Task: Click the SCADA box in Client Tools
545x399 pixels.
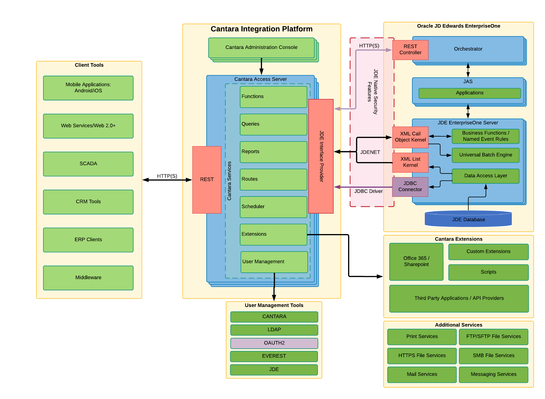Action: click(88, 164)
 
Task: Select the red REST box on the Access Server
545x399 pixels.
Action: click(207, 179)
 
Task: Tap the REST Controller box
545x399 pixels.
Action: click(410, 50)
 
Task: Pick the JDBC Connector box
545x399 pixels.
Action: click(410, 187)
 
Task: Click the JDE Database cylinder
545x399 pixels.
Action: click(468, 219)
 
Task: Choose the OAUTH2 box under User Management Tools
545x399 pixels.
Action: click(274, 343)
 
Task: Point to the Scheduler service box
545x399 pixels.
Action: click(273, 207)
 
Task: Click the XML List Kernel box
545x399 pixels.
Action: click(410, 162)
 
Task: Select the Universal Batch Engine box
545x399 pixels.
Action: click(485, 155)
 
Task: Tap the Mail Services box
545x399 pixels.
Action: click(422, 374)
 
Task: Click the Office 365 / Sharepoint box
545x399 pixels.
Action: click(416, 261)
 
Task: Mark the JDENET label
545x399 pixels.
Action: click(370, 152)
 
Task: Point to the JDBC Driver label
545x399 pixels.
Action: click(368, 191)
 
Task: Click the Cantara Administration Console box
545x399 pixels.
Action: click(261, 47)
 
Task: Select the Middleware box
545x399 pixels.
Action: click(88, 278)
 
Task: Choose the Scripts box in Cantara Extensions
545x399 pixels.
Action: click(488, 272)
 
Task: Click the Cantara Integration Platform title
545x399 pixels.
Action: click(261, 29)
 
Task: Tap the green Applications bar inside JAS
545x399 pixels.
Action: click(469, 93)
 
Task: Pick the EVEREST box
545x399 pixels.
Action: click(274, 356)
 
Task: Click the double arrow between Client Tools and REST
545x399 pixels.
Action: click(167, 180)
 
